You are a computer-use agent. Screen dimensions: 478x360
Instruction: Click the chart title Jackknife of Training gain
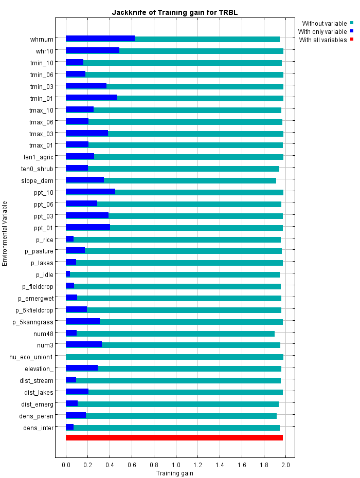pyautogui.click(x=174, y=12)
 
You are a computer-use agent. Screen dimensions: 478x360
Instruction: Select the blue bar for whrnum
pyautogui.click(x=100, y=39)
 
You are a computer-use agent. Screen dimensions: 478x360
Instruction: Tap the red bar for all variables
pyautogui.click(x=174, y=437)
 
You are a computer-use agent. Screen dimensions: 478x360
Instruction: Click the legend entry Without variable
pyautogui.click(x=324, y=23)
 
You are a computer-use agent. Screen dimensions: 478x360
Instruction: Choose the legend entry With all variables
pyautogui.click(x=322, y=40)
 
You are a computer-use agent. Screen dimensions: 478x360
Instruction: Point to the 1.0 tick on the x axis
pyautogui.click(x=176, y=465)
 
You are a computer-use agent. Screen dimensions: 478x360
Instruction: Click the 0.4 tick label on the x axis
pyautogui.click(x=110, y=465)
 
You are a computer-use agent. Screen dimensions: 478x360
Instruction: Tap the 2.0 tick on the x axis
pyautogui.click(x=286, y=465)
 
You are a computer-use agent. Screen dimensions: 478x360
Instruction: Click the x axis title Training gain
pyautogui.click(x=174, y=473)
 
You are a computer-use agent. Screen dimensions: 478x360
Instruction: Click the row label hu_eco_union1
pyautogui.click(x=31, y=357)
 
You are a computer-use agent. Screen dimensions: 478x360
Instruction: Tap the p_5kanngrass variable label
pyautogui.click(x=33, y=322)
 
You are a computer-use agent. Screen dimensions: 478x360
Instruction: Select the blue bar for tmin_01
pyautogui.click(x=91, y=98)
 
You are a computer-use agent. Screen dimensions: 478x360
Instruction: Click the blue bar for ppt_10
pyautogui.click(x=91, y=192)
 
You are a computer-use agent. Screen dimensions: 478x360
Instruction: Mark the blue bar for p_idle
pyautogui.click(x=68, y=274)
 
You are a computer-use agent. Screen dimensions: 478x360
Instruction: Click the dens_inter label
pyautogui.click(x=39, y=428)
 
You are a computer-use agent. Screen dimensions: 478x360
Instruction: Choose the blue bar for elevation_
pyautogui.click(x=82, y=368)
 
